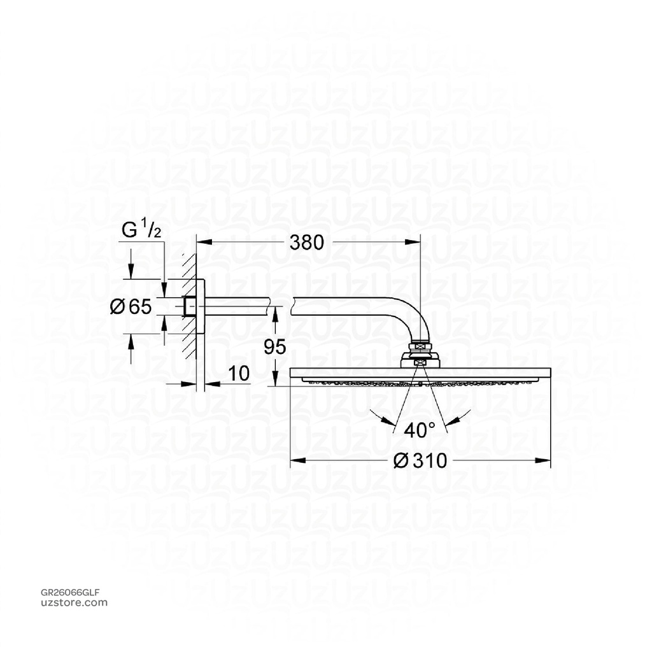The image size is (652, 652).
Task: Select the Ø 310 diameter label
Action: point(420,460)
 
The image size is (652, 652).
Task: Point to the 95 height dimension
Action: point(274,347)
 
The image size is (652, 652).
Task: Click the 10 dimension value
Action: point(238,373)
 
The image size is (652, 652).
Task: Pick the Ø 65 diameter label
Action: point(131,307)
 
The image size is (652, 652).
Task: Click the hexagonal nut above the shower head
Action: point(420,349)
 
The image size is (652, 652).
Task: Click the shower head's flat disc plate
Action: point(420,374)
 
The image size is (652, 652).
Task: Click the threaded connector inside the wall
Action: point(189,307)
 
